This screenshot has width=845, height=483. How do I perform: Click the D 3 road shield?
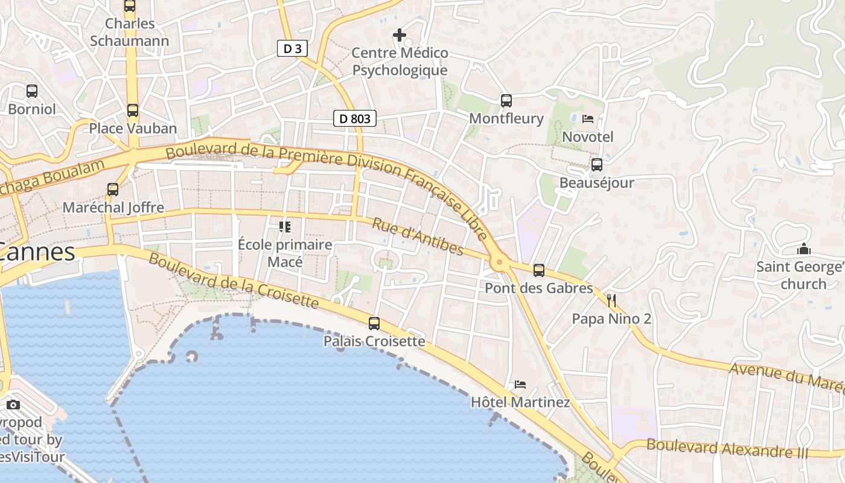[x=292, y=48]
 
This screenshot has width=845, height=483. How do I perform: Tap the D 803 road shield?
[x=355, y=118]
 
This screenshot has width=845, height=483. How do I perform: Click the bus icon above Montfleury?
[x=506, y=101]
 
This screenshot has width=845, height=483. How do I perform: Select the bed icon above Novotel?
[x=587, y=119]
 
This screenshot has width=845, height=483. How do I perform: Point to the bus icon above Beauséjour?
[x=597, y=164]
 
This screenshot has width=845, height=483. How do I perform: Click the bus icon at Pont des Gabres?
[x=539, y=270]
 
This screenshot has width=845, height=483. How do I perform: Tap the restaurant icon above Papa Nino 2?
[x=611, y=300]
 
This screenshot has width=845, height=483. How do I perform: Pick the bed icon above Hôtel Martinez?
[x=520, y=384]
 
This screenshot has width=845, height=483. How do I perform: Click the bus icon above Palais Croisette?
[x=374, y=324]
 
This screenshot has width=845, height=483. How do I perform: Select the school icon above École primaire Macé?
[x=285, y=227]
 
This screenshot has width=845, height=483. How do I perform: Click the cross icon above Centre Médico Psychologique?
[x=400, y=35]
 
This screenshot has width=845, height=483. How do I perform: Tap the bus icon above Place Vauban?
[x=133, y=110]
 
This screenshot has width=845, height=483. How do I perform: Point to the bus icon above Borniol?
[x=31, y=91]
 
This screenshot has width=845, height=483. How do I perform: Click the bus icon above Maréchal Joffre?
[x=113, y=190]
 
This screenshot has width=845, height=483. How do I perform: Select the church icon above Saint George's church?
[x=803, y=249]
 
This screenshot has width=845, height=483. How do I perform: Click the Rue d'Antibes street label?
[x=418, y=236]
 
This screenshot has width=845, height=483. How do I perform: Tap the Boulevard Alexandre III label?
[x=727, y=448]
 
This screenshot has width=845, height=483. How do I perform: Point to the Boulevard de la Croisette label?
[x=233, y=280]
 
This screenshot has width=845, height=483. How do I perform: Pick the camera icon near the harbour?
[x=13, y=405]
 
